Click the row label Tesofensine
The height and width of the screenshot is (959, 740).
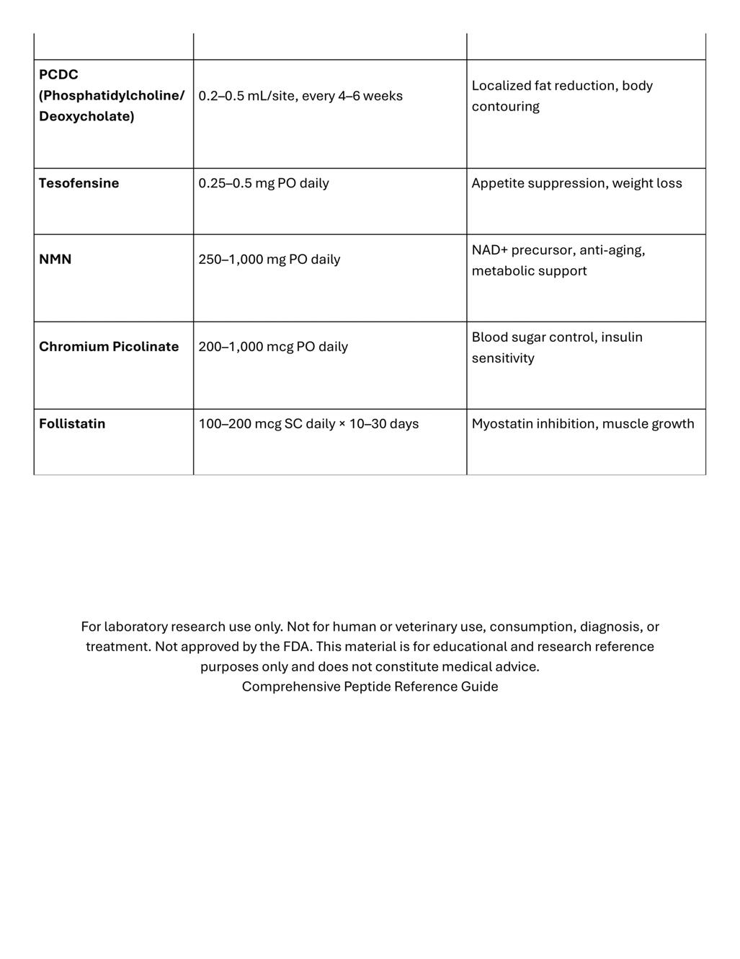pyautogui.click(x=79, y=183)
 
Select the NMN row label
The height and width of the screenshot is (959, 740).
pyautogui.click(x=55, y=260)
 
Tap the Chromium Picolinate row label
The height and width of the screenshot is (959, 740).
pyautogui.click(x=109, y=347)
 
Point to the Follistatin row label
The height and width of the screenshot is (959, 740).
pyautogui.click(x=72, y=424)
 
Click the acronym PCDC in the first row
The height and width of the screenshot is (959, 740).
pyautogui.click(x=58, y=75)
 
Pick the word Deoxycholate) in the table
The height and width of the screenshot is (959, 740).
pyautogui.click(x=86, y=117)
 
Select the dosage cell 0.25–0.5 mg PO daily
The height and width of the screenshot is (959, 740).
pyautogui.click(x=264, y=183)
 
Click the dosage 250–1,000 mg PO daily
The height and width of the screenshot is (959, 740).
pyautogui.click(x=269, y=260)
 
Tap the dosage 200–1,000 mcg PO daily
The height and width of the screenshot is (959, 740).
pyautogui.click(x=273, y=347)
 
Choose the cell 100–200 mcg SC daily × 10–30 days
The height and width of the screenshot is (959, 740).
pyautogui.click(x=308, y=424)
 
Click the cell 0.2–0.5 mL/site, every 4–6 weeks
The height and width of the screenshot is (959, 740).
pyautogui.click(x=300, y=96)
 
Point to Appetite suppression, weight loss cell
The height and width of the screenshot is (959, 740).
pyautogui.click(x=576, y=183)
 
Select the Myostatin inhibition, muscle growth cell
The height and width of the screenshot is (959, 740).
pyautogui.click(x=583, y=424)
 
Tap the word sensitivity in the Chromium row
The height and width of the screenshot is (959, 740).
pyautogui.click(x=503, y=358)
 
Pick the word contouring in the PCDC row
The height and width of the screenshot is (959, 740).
pyautogui.click(x=505, y=107)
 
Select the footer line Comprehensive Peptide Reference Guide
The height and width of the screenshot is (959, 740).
pyautogui.click(x=370, y=686)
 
